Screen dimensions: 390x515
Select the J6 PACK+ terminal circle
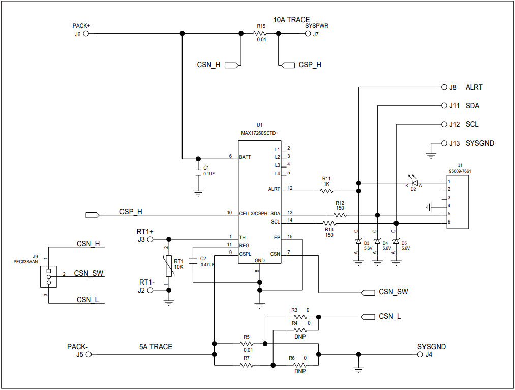click(x=86, y=34)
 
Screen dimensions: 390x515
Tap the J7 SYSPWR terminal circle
click(x=308, y=34)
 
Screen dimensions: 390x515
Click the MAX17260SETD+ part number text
click(x=259, y=133)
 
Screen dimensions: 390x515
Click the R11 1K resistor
click(x=326, y=191)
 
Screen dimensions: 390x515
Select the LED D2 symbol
click(x=414, y=183)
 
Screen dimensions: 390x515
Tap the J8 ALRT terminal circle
click(x=443, y=87)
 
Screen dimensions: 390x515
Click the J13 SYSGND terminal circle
click(x=443, y=143)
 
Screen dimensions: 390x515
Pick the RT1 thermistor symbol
click(x=169, y=265)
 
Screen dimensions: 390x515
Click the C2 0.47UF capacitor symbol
click(x=193, y=261)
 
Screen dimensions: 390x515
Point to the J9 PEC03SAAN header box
click(x=48, y=276)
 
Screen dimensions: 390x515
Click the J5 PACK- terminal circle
click(x=88, y=354)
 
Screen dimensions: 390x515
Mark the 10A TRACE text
click(x=291, y=20)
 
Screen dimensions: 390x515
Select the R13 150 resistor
click(x=329, y=223)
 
